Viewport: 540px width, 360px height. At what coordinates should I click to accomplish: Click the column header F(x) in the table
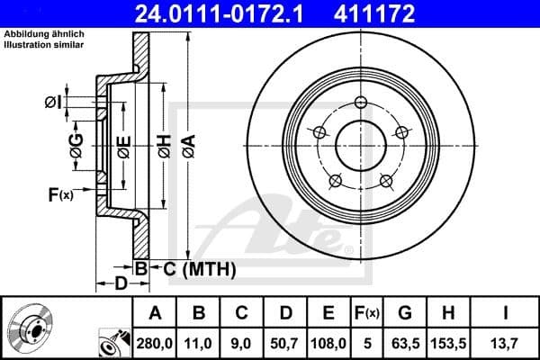367,312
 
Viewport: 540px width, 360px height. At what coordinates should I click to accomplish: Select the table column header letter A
156,312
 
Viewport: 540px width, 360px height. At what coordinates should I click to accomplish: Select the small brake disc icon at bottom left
35,330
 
